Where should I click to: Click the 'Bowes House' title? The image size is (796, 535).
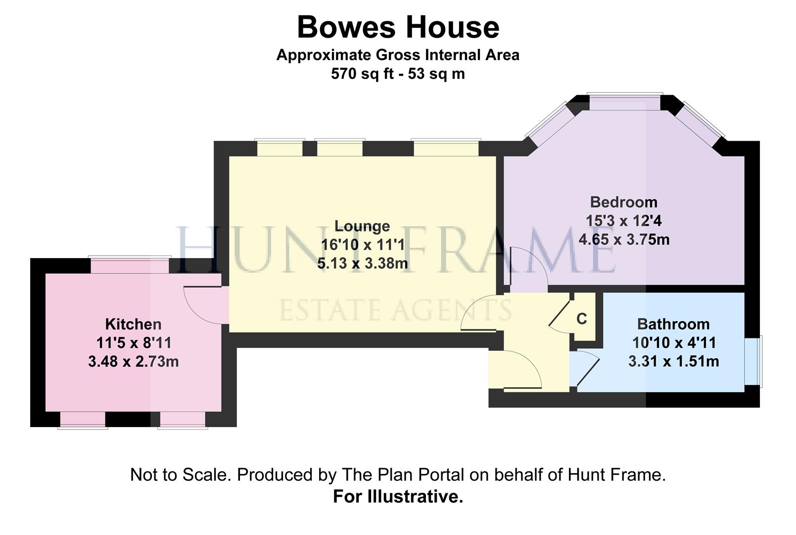pos(398,27)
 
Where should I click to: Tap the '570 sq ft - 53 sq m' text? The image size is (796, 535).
pos(398,74)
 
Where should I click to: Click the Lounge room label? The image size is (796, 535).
pos(362,226)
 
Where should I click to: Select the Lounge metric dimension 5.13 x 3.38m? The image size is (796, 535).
pos(362,264)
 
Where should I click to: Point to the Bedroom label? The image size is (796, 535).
pos(623,202)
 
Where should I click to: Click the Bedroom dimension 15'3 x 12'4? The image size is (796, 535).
pos(623,221)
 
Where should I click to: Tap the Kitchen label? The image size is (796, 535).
pos(133,324)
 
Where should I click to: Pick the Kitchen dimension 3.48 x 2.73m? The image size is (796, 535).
pos(133,362)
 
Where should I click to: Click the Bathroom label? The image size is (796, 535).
pos(673,324)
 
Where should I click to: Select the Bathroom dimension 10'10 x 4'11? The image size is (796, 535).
pos(673,343)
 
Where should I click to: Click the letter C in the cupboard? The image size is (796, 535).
pos(582,319)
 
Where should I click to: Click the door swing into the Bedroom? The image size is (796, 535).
pos(528,270)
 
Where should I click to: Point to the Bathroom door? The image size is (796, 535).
pos(586,369)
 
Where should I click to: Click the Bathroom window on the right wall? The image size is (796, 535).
pos(753,361)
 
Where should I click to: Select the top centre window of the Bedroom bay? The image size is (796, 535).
pos(624,103)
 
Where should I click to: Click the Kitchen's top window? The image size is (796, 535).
pos(130,266)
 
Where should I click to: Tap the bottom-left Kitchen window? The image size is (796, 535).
pos(83,420)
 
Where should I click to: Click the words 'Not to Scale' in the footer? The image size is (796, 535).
pos(180,475)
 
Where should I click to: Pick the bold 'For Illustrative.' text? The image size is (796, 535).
pos(398,496)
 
